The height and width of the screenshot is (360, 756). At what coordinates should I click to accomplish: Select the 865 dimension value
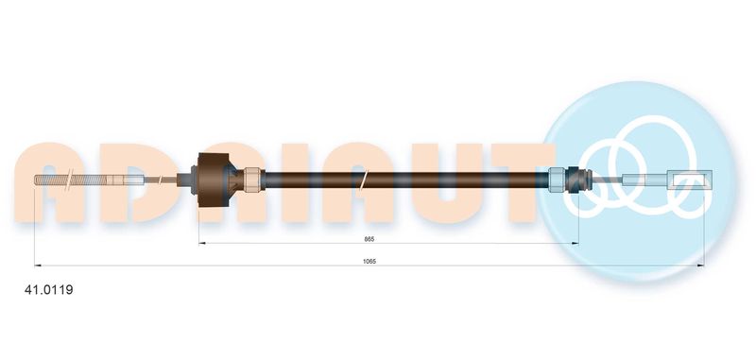click(x=369, y=239)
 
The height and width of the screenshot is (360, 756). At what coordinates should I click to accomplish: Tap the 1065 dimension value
click(x=369, y=261)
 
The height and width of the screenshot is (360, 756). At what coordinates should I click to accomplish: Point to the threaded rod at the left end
click(x=73, y=180)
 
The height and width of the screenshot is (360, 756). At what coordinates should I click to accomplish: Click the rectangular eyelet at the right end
click(x=690, y=180)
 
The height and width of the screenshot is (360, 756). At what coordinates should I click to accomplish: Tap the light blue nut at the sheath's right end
click(x=558, y=180)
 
